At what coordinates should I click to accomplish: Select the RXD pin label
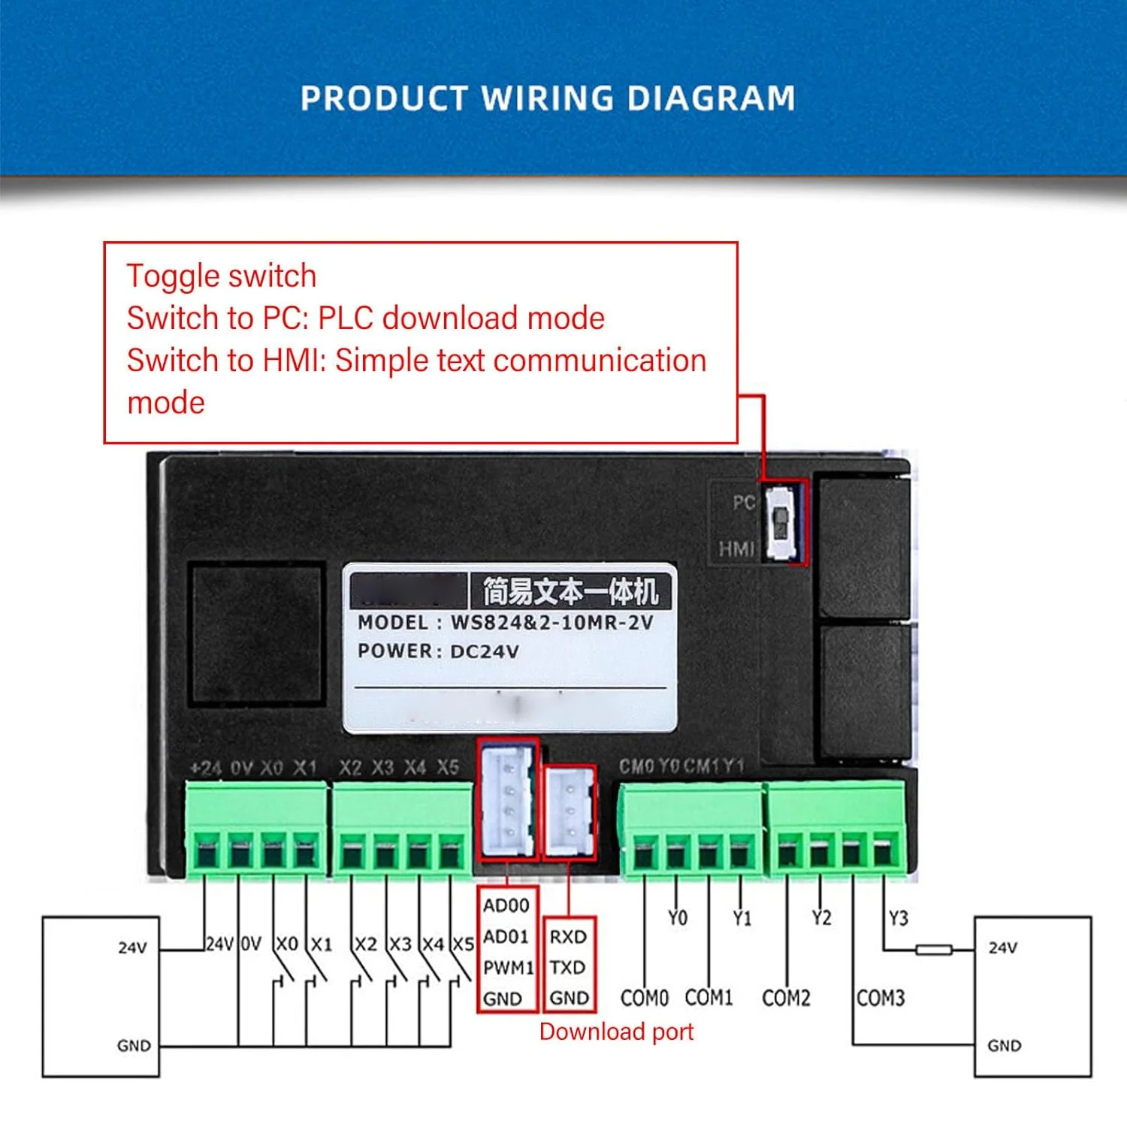[x=568, y=937]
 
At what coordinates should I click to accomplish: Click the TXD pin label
[x=567, y=967]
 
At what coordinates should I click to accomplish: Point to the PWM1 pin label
[x=508, y=968]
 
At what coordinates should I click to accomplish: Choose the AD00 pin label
[x=506, y=905]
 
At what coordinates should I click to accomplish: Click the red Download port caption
[x=616, y=1032]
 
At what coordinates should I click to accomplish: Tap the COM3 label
[x=881, y=998]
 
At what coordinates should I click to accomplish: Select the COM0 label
[x=644, y=998]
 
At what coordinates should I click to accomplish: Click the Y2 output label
[x=821, y=918]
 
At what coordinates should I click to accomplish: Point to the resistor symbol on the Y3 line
[x=934, y=950]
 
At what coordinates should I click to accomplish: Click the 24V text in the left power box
[x=132, y=948]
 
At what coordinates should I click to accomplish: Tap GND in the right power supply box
[x=1004, y=1046]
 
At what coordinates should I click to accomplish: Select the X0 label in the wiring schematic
[x=287, y=944]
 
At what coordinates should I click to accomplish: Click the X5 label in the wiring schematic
[x=464, y=944]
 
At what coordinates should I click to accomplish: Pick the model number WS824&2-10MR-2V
[x=551, y=623]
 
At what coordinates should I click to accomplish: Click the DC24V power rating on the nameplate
[x=484, y=651]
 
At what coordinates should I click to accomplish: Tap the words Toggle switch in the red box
[x=221, y=276]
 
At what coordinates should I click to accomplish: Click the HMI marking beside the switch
[x=736, y=549]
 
